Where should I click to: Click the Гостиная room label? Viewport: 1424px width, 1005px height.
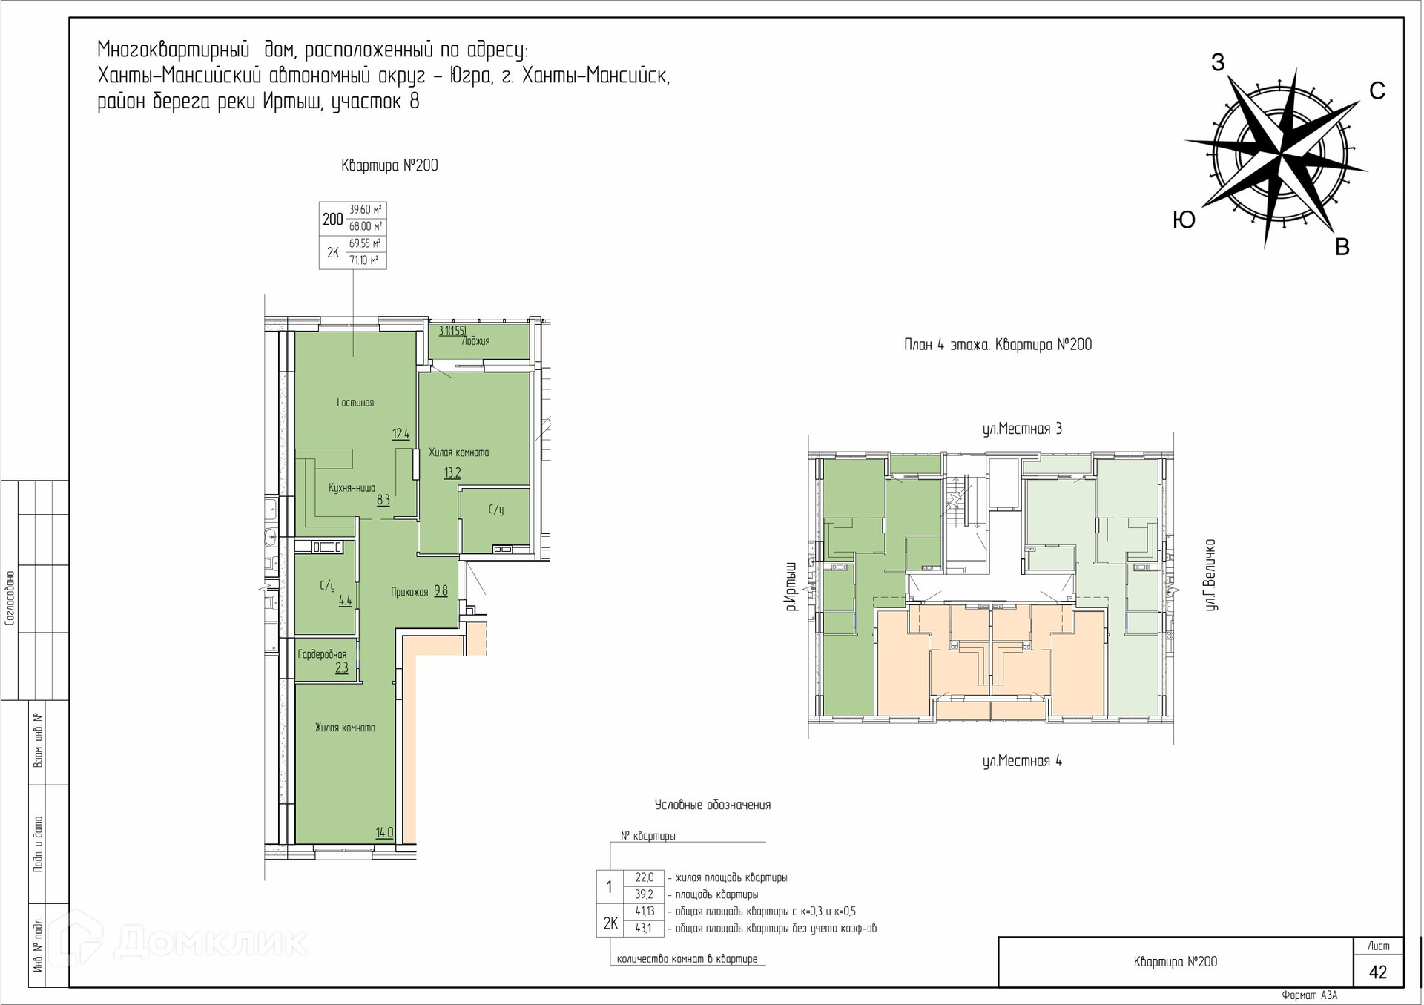[355, 403]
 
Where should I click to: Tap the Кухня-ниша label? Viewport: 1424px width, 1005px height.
[352, 488]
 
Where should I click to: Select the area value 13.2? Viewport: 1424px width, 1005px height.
[452, 473]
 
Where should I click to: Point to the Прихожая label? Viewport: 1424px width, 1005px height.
[409, 592]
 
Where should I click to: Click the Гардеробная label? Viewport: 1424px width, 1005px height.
[322, 654]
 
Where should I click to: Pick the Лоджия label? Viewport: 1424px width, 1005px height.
[475, 341]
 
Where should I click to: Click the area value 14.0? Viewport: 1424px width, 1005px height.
[384, 833]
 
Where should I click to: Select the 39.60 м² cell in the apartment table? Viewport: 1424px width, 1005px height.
[366, 210]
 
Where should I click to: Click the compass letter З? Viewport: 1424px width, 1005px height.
[1218, 62]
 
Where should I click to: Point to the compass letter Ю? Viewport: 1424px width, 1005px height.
[1184, 220]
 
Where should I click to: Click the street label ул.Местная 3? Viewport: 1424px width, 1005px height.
[1022, 429]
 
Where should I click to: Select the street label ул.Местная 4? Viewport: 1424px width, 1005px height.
[1022, 761]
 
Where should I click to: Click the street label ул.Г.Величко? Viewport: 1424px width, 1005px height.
[1210, 575]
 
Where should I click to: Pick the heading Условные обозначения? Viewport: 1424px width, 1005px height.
[713, 805]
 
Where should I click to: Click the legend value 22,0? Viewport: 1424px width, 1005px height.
[645, 877]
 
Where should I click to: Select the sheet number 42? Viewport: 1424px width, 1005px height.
[1378, 972]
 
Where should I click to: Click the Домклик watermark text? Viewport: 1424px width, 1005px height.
[211, 942]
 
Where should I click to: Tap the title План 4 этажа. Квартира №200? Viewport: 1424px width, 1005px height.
[998, 345]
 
